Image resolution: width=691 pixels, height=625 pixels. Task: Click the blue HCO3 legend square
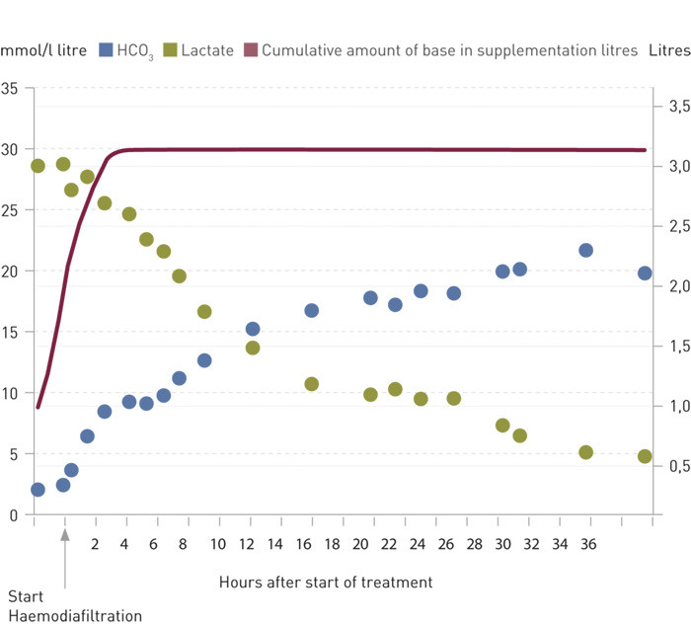(x=107, y=49)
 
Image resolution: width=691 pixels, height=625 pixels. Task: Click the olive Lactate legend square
(x=171, y=49)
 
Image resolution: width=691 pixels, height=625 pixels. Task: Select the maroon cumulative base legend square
(x=251, y=49)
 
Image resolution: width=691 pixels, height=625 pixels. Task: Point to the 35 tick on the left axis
(x=10, y=89)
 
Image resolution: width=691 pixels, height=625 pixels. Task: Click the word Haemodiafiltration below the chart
(x=75, y=616)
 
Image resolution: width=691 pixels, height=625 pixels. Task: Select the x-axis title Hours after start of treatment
(x=326, y=582)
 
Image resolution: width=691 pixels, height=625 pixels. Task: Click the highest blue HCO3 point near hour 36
(x=585, y=250)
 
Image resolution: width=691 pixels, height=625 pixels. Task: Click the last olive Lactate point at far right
(x=645, y=456)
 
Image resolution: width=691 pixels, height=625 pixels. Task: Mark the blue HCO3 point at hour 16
(x=311, y=310)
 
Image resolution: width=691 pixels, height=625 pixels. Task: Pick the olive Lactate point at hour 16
(x=311, y=383)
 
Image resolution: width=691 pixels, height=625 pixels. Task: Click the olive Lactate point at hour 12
(x=253, y=348)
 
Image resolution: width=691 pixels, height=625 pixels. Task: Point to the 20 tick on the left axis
(x=10, y=271)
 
